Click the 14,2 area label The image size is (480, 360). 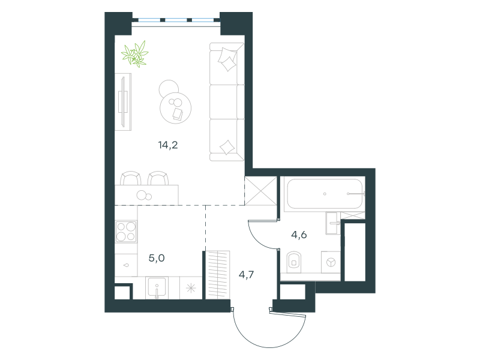click(168, 145)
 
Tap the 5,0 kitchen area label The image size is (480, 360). click(157, 258)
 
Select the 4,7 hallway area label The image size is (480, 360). click(246, 275)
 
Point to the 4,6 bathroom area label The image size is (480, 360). click(299, 235)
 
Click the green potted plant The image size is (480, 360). click(135, 54)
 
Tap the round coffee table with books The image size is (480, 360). click(175, 108)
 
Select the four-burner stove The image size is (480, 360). click(126, 232)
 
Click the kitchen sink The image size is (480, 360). click(157, 288)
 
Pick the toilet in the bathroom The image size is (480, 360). click(294, 262)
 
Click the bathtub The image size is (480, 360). click(325, 194)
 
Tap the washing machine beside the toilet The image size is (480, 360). click(331, 262)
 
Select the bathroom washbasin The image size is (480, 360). click(333, 223)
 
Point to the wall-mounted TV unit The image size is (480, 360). click(123, 102)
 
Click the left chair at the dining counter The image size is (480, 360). click(131, 178)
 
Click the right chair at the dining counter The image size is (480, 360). click(158, 178)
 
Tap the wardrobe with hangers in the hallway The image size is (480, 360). click(217, 275)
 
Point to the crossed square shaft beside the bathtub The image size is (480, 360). click(261, 191)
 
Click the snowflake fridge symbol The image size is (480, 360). click(191, 288)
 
